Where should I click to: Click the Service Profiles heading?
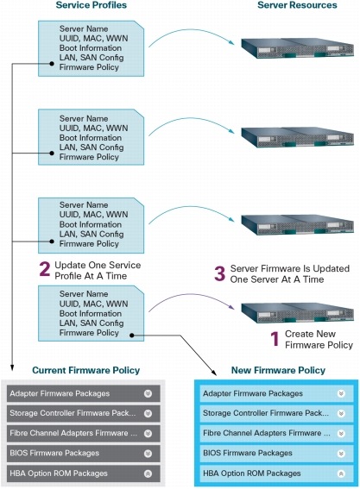tap(92, 5)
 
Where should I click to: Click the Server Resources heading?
tap(297, 5)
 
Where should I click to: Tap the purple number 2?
tap(45, 269)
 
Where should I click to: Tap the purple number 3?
tap(220, 273)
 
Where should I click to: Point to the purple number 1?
tap(275, 339)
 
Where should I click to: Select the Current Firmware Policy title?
tap(85, 370)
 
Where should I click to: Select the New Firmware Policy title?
tap(278, 370)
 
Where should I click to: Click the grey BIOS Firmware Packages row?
tap(84, 453)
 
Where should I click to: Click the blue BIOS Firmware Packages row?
tap(276, 453)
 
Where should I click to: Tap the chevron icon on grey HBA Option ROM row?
tap(148, 473)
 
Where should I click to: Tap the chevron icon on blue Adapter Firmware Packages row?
tap(341, 393)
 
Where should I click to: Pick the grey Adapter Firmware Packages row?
tap(84, 393)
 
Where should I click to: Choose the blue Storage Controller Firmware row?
tap(276, 413)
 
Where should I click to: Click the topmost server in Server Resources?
tap(297, 47)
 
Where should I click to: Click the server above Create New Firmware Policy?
tap(297, 312)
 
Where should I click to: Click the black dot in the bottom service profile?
tap(132, 335)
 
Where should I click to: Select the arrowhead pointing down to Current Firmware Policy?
tap(12, 367)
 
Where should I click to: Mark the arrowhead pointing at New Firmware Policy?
tap(214, 373)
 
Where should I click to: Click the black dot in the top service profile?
tap(52, 64)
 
